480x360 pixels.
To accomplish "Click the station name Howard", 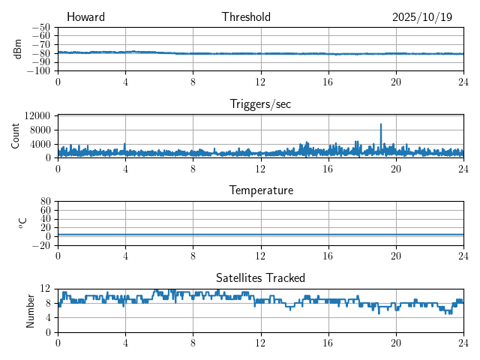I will pos(85,17).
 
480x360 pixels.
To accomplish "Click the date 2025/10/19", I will pos(422,17).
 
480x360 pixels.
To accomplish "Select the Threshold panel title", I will pos(246,17).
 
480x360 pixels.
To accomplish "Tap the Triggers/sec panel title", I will pos(260,104).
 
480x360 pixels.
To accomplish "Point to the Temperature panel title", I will pos(260,190).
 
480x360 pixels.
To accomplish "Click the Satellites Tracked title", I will pos(260,277).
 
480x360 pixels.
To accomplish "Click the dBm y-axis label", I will pos(17,49).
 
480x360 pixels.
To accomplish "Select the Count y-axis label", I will pos(16,136).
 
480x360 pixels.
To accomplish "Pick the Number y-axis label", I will pos(31,310).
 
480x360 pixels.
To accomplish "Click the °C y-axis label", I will pos(23,223).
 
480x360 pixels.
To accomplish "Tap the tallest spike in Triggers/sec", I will pos(381,124).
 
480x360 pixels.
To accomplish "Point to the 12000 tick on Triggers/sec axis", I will pos(37,115).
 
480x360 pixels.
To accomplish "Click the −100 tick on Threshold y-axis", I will pos(40,70).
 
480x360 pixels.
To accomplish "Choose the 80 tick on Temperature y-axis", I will pos(45,202).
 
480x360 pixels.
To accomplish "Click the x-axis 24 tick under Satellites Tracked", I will pos(463,342).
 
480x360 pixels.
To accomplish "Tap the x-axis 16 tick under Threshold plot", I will pos(328,81).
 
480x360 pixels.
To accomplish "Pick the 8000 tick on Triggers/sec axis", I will pos(40,129).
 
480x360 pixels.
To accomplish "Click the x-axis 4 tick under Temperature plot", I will pos(125,255).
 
